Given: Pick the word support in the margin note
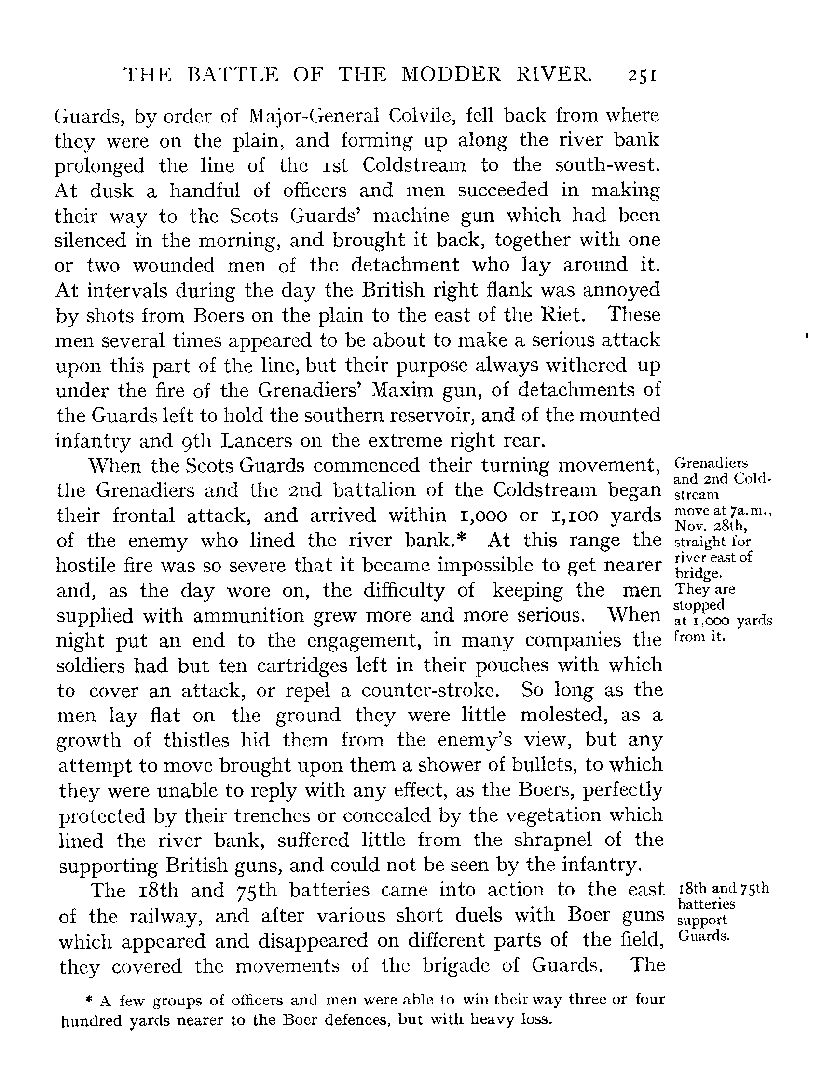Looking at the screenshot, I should tap(702, 920).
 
